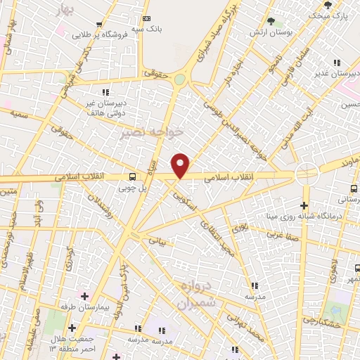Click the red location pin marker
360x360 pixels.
tap(181, 166)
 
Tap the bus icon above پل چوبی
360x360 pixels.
tap(132, 177)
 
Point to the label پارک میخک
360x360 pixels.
tap(330, 14)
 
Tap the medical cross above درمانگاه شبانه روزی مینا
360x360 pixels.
tap(304, 206)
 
